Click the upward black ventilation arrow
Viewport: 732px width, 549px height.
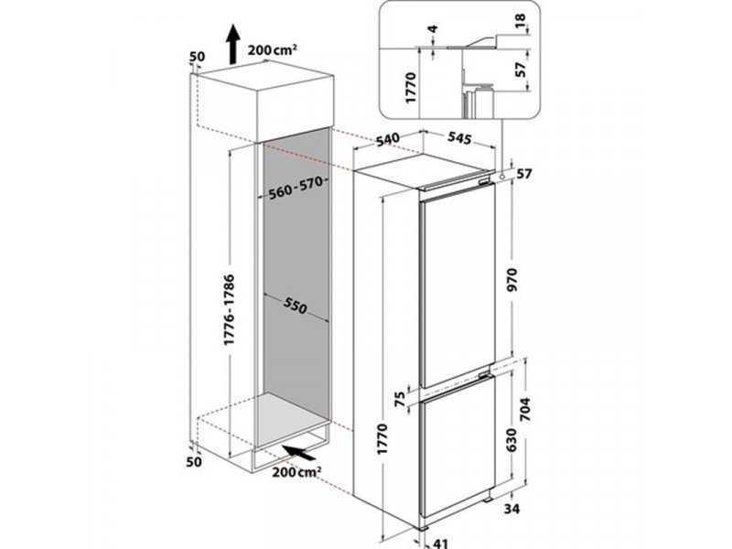pyautogui.click(x=232, y=44)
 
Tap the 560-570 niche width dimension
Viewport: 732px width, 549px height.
pyautogui.click(x=296, y=188)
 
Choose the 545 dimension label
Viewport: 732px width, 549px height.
pyautogui.click(x=459, y=138)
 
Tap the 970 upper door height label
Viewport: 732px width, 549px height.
pyautogui.click(x=512, y=280)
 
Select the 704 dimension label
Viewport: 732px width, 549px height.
pyautogui.click(x=525, y=409)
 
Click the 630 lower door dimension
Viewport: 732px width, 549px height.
pyautogui.click(x=512, y=440)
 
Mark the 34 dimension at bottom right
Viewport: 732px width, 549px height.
pyautogui.click(x=511, y=508)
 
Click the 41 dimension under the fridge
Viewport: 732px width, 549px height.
pyautogui.click(x=440, y=543)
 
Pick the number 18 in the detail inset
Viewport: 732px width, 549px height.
pyautogui.click(x=520, y=20)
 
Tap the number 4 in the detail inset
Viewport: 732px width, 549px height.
pyautogui.click(x=434, y=29)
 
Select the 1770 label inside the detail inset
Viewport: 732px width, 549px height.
pyautogui.click(x=410, y=87)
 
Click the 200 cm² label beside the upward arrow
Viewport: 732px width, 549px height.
pyautogui.click(x=273, y=49)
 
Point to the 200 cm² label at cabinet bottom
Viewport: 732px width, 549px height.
pyautogui.click(x=296, y=472)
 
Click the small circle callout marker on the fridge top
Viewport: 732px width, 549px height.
pyautogui.click(x=501, y=177)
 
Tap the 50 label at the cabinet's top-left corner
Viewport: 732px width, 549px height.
pyautogui.click(x=197, y=57)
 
